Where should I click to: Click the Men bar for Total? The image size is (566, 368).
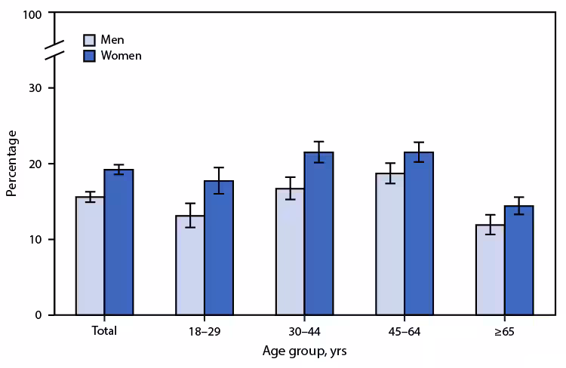(90, 256)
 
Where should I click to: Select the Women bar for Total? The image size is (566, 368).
(118, 242)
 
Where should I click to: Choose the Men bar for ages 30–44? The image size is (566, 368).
(291, 252)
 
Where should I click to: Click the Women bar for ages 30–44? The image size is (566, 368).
(318, 234)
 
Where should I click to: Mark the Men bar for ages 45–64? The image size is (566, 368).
(391, 244)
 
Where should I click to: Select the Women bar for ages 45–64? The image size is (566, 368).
(419, 234)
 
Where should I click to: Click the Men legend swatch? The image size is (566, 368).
(89, 39)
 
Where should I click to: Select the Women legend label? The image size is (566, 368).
(121, 55)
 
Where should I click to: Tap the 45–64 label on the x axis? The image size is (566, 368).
(405, 331)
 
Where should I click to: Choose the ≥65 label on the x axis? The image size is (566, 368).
(505, 331)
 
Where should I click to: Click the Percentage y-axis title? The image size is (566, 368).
(11, 164)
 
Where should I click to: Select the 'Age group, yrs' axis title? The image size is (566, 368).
(305, 351)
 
